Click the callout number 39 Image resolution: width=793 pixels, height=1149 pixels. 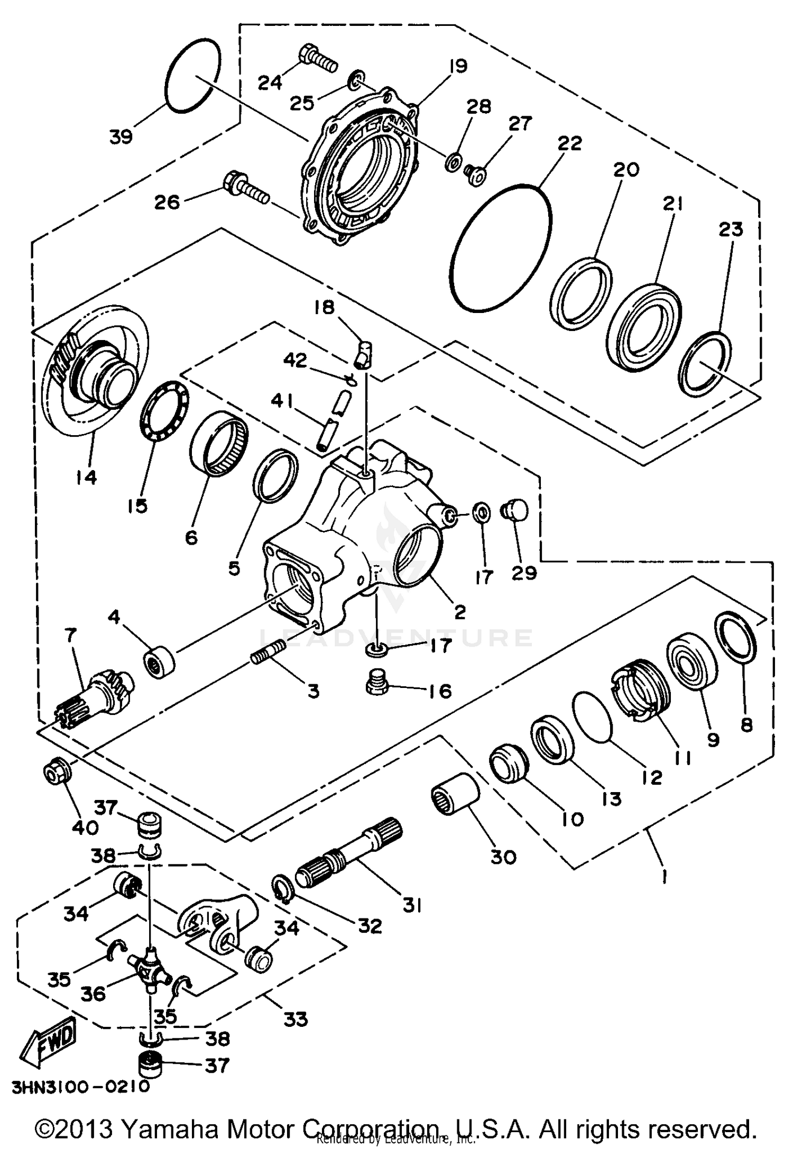[121, 137]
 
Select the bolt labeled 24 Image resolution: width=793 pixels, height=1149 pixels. [317, 59]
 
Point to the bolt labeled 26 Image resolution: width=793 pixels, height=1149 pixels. [246, 189]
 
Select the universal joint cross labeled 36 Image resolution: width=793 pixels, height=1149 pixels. [150, 964]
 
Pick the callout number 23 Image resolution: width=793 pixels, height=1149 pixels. [731, 229]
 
